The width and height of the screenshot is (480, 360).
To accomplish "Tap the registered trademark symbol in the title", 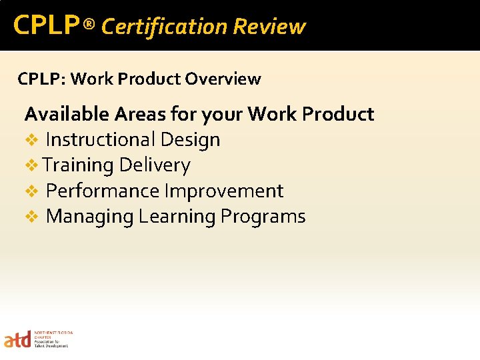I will [x=90, y=25].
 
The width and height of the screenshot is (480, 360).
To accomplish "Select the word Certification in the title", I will [x=164, y=27].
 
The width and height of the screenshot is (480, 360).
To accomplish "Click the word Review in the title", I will [x=269, y=27].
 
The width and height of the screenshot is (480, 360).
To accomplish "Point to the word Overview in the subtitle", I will [x=223, y=79].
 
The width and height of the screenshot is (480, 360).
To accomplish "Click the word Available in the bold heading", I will [x=67, y=114].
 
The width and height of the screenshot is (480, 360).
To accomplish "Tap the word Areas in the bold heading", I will [x=139, y=114].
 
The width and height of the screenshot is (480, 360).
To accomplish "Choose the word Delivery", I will [x=155, y=165].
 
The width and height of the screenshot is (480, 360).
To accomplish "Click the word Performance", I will [x=103, y=191].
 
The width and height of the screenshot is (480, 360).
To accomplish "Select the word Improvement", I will [x=224, y=191].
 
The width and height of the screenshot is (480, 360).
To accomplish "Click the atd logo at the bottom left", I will [x=18, y=339].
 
